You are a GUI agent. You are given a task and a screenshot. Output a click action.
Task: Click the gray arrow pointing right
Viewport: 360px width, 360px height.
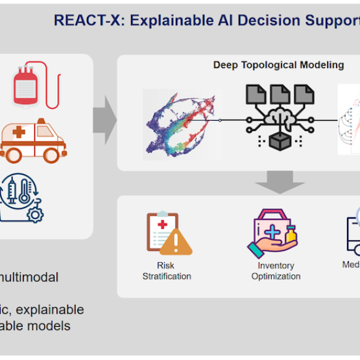pyautogui.click(x=104, y=119)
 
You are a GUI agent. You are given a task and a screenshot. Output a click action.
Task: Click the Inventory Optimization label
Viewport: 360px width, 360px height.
pyautogui.click(x=276, y=270)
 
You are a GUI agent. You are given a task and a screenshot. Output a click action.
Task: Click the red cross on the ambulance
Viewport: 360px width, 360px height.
pyautogui.click(x=19, y=132)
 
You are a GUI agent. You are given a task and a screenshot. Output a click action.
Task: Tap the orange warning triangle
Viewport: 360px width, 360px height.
pyautogui.click(x=176, y=242)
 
